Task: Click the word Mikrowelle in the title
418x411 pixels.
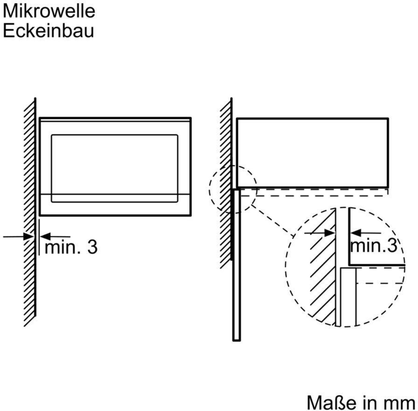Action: tap(49, 12)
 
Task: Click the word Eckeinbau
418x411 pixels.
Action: tap(49, 30)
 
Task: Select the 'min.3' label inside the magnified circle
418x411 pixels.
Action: tap(374, 245)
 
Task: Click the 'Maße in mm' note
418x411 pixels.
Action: tap(361, 402)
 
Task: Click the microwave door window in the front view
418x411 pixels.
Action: tap(115, 169)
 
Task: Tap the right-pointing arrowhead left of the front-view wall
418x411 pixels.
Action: tap(28, 236)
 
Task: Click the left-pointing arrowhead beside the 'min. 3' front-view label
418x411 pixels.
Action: tap(46, 236)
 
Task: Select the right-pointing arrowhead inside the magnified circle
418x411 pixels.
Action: tap(330, 233)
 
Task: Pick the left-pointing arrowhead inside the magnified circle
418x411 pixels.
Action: tap(355, 233)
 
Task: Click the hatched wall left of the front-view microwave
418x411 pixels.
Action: tap(30, 212)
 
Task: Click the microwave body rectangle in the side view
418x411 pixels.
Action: tap(313, 153)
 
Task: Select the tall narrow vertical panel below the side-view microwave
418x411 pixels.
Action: tap(237, 265)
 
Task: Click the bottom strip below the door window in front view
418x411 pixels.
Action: tap(115, 205)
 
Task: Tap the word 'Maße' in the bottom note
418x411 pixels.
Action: tap(333, 402)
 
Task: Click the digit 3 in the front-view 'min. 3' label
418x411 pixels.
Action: tap(92, 247)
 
